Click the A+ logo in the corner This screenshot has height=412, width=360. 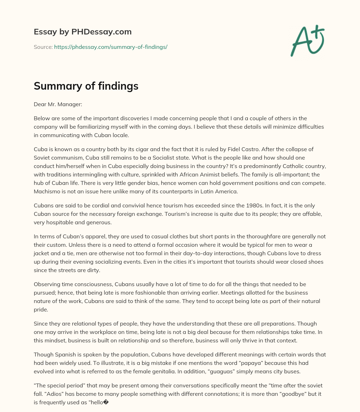click(307, 40)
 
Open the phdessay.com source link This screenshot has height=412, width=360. click(110, 47)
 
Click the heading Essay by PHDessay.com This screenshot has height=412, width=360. click(83, 32)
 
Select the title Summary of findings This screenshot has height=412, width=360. click(86, 86)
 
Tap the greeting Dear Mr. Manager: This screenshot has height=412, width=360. click(58, 104)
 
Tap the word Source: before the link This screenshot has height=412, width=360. click(43, 47)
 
